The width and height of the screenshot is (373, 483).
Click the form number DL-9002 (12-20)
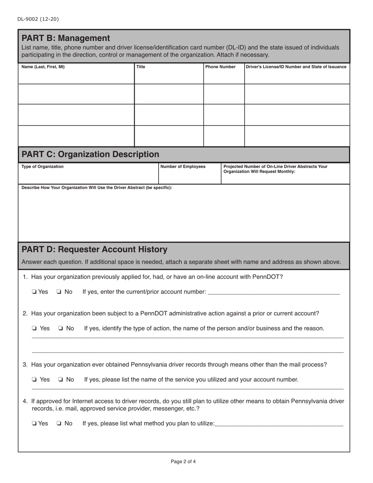tap(38, 19)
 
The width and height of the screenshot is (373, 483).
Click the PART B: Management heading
tap(66, 38)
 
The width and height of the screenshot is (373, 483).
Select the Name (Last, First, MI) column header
tap(43, 67)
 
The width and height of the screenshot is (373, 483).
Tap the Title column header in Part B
tap(141, 67)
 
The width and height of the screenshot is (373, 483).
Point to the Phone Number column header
tap(220, 67)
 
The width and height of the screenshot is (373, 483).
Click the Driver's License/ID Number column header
tap(296, 67)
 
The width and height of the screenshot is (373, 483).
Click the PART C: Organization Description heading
tap(90, 154)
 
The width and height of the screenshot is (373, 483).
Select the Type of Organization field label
tap(42, 166)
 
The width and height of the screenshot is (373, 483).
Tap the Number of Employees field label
tap(183, 166)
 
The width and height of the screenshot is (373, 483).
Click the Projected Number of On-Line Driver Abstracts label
tap(275, 169)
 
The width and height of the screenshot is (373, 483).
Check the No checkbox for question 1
tap(59, 292)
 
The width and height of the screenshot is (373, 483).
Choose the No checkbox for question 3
tap(60, 379)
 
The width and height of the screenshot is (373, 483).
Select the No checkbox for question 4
tap(59, 423)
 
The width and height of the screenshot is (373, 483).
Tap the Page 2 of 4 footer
tap(183, 461)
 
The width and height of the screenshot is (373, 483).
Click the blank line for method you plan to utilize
tap(279, 424)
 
